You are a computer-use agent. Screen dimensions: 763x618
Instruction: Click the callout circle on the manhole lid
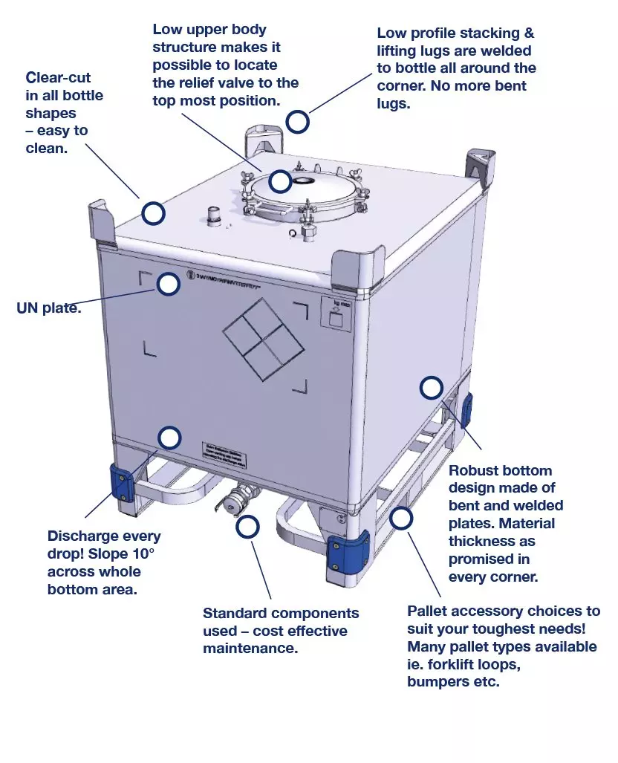[279, 181]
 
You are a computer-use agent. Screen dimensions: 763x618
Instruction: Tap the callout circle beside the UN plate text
[169, 284]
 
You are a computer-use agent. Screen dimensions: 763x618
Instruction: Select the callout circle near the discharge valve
[247, 527]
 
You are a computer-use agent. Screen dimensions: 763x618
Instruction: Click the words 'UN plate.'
[49, 308]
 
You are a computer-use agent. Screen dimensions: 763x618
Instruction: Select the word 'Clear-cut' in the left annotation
[58, 77]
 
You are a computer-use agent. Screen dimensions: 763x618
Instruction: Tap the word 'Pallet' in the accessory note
[429, 611]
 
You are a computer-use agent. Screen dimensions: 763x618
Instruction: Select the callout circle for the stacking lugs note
[298, 122]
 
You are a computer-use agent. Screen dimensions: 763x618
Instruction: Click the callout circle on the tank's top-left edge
[153, 214]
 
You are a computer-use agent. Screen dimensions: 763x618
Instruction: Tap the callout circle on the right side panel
[431, 388]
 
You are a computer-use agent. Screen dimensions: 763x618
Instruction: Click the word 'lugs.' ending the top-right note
[393, 104]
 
